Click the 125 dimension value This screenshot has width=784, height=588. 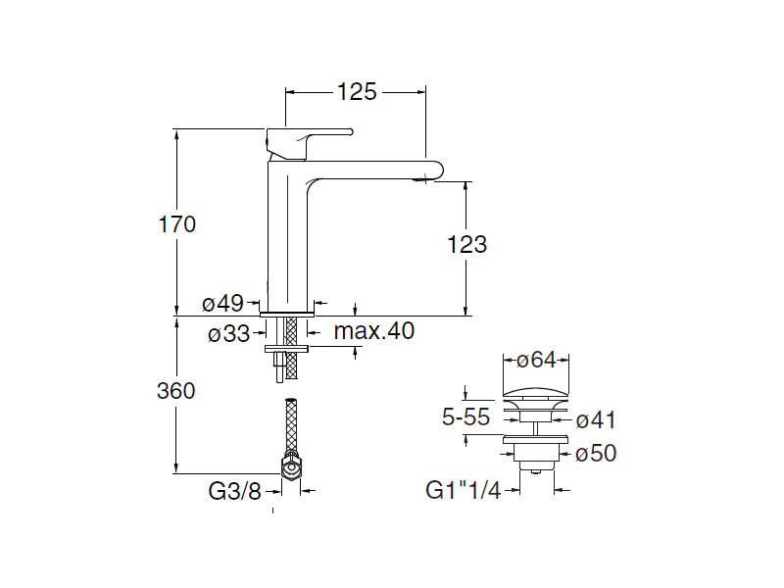(357, 92)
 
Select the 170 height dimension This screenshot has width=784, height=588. (177, 224)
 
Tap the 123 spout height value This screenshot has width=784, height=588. (466, 245)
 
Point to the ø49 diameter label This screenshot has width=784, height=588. (222, 305)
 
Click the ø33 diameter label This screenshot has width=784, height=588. (228, 334)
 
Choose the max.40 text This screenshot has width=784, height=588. (373, 331)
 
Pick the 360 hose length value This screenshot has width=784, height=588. (176, 391)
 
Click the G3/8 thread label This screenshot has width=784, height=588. (235, 491)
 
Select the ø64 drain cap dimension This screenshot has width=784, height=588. (536, 360)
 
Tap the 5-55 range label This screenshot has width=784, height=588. (466, 418)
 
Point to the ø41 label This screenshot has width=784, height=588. (596, 420)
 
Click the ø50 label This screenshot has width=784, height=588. (596, 454)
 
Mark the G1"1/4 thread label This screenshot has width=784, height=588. (464, 491)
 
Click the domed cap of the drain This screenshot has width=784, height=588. (536, 394)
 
